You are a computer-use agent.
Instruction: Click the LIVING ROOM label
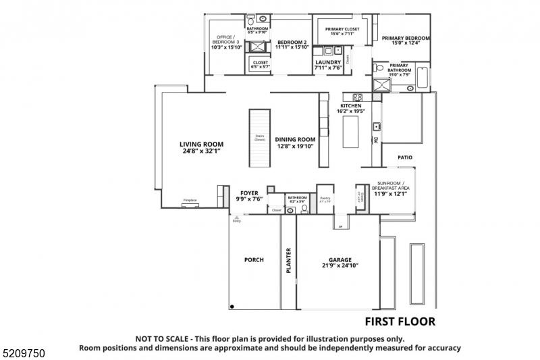coord(201,144)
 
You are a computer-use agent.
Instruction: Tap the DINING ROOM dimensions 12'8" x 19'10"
coord(295,147)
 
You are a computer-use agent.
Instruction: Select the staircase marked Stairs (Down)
coord(260,139)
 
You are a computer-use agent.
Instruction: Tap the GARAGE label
coord(340,259)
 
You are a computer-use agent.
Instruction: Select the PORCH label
coord(254,259)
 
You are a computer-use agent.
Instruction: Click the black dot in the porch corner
coord(232,307)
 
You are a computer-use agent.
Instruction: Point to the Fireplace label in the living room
coord(190,201)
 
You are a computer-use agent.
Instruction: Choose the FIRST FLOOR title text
coord(400,322)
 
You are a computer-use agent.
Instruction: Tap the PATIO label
coord(404,157)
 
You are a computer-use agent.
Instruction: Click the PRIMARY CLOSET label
coord(342,29)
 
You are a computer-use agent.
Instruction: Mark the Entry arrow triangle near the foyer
coord(236,217)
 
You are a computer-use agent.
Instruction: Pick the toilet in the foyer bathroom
coord(304,209)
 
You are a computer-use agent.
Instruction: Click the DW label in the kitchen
coord(376,140)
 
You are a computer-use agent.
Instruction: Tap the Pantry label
coord(325,199)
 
